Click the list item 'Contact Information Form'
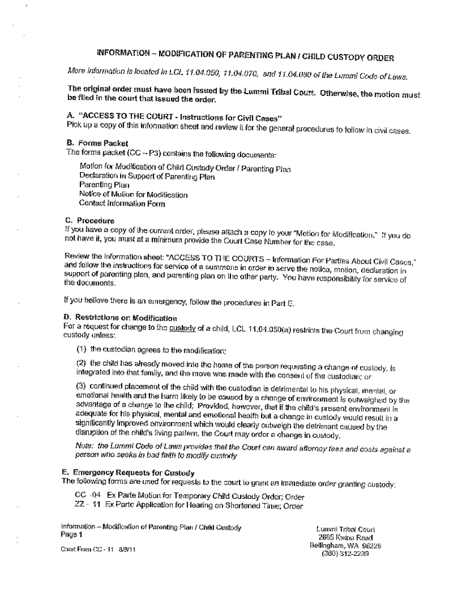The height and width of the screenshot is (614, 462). (x=113, y=203)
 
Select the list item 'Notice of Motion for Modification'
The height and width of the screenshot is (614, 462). (x=133, y=194)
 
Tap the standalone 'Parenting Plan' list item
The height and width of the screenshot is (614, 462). (x=101, y=185)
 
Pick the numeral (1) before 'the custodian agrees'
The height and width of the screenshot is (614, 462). (x=82, y=350)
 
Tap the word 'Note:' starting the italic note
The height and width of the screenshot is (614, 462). (x=85, y=446)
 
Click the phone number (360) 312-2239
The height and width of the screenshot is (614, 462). (x=345, y=553)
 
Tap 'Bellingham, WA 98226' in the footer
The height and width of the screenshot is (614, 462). (x=345, y=545)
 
